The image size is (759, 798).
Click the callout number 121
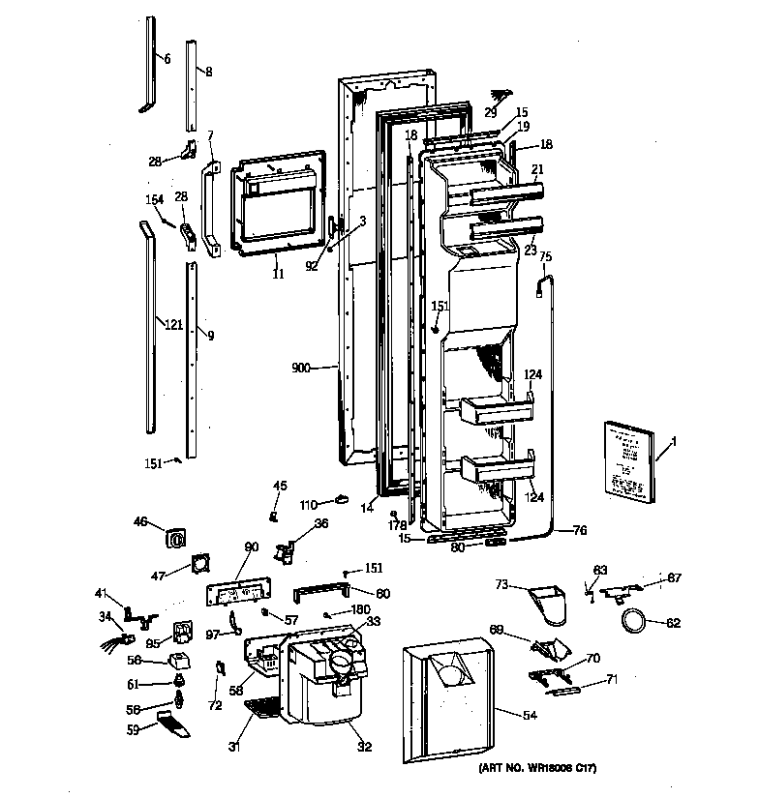(x=172, y=324)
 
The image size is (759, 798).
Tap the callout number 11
(x=278, y=275)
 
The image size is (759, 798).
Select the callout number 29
(x=491, y=112)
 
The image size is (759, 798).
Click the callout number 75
(x=545, y=256)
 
